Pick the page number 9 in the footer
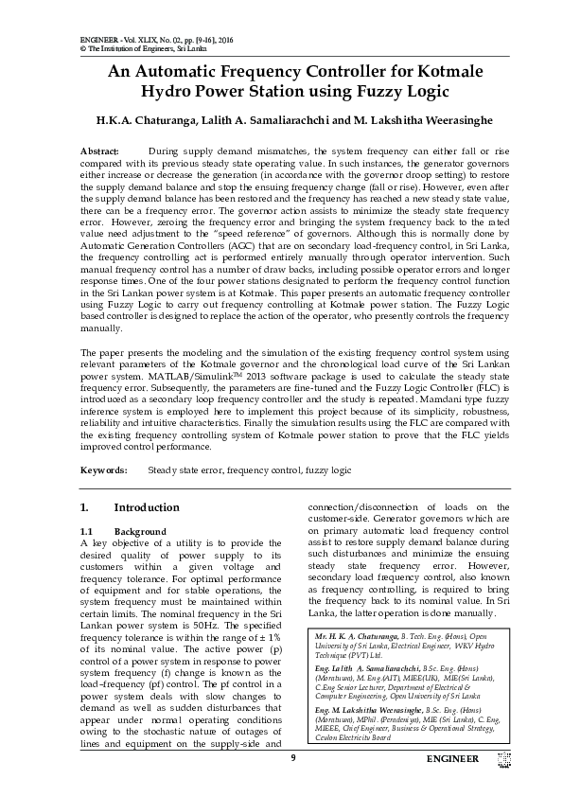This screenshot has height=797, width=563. (x=293, y=758)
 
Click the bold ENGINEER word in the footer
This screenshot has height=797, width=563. (x=452, y=759)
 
